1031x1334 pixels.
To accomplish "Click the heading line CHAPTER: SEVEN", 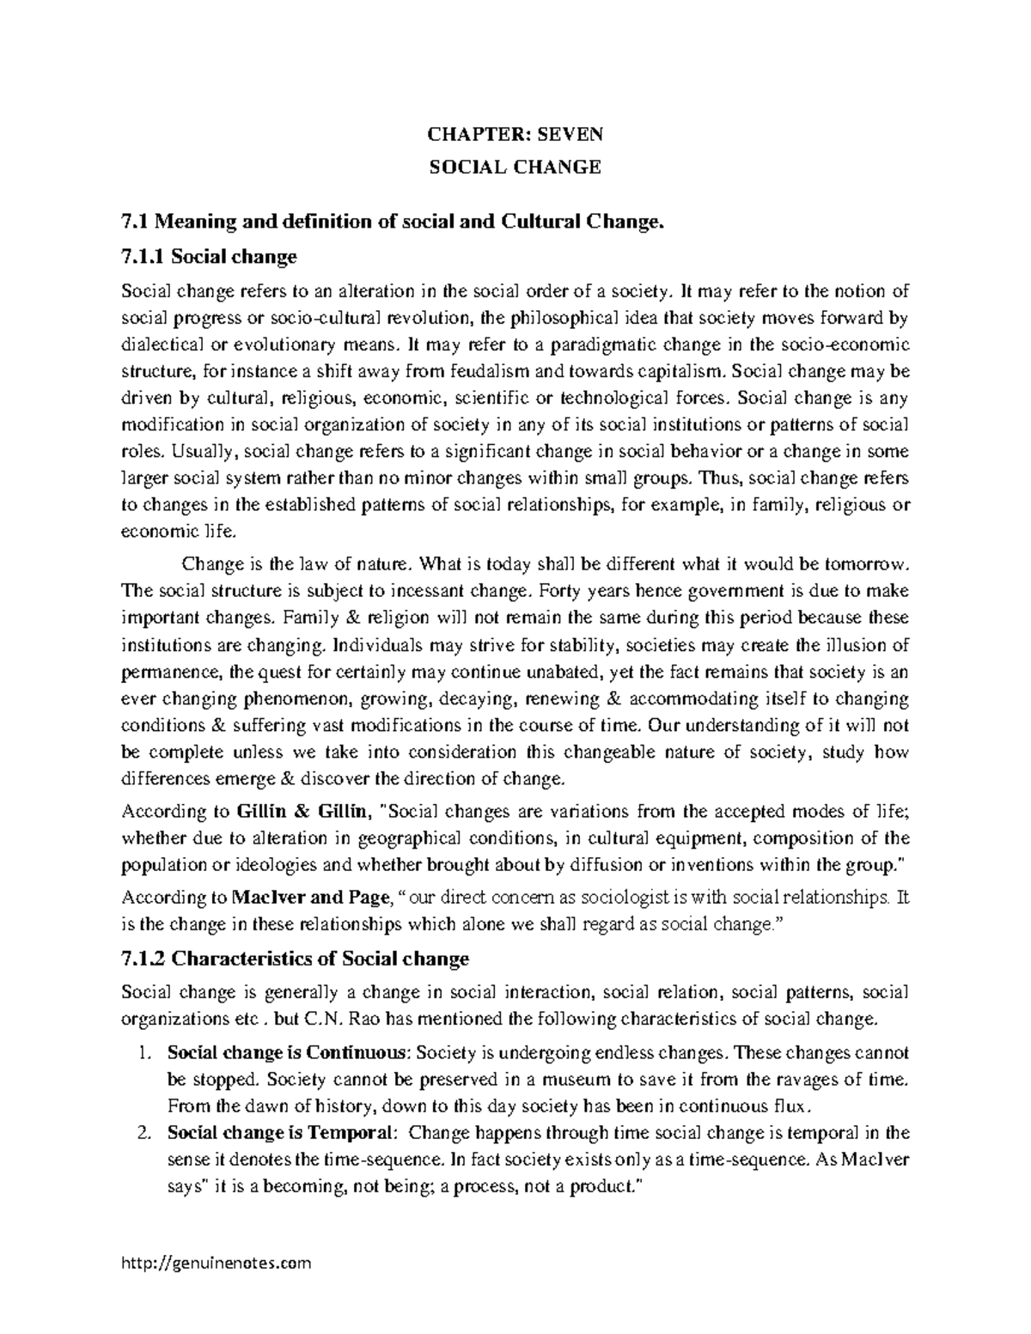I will [515, 134].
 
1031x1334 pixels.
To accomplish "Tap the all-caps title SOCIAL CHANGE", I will [515, 167].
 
